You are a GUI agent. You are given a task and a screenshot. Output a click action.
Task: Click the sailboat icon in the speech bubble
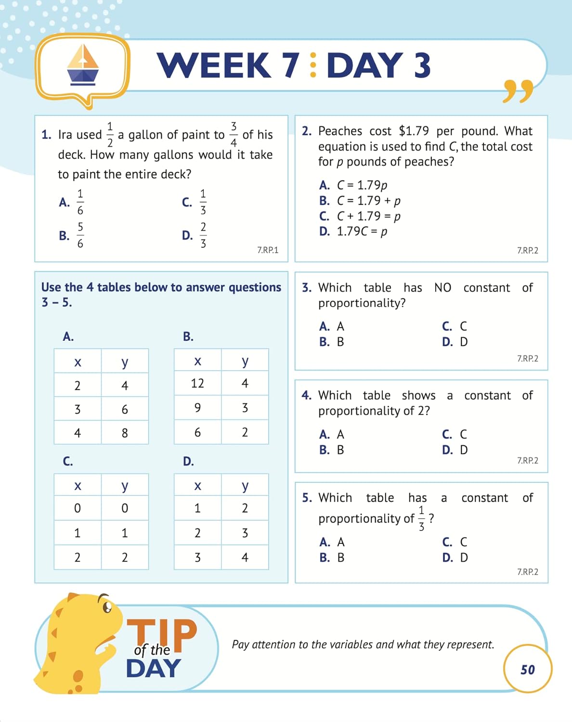(83, 64)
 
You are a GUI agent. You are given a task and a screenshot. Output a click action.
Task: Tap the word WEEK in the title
(214, 65)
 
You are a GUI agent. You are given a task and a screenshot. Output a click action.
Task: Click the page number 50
(528, 670)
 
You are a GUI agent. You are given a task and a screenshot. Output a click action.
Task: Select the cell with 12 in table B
(197, 384)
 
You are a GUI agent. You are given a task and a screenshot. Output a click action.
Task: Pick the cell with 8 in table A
(125, 433)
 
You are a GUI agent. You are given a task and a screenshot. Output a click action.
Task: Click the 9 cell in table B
(197, 408)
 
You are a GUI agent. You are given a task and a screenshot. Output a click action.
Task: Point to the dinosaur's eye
(107, 606)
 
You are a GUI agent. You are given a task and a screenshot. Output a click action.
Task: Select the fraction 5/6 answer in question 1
(80, 235)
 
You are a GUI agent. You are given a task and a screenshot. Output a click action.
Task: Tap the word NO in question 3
(442, 288)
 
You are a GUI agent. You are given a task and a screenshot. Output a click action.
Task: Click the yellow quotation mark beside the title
(518, 91)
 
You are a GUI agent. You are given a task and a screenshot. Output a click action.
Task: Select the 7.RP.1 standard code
(268, 250)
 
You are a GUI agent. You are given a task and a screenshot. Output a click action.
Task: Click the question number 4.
(306, 396)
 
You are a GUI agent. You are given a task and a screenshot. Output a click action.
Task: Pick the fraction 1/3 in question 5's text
(422, 518)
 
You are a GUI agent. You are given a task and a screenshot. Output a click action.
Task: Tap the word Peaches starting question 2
(340, 131)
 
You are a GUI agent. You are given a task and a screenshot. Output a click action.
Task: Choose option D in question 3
(455, 342)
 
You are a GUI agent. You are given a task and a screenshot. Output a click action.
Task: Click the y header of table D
(245, 486)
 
